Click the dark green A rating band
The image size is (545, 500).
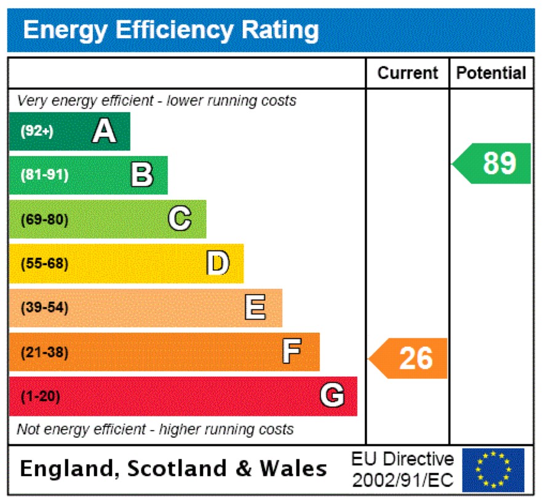click(x=70, y=131)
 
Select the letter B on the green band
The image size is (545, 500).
click(x=142, y=175)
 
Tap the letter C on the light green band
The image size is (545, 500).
click(x=180, y=219)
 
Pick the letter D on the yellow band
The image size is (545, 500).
click(x=218, y=263)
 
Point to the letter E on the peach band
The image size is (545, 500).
click(x=255, y=308)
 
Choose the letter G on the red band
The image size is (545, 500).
click(x=332, y=396)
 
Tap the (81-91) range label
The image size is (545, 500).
click(x=44, y=175)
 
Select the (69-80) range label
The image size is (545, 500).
click(x=44, y=220)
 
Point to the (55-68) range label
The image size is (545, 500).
click(x=44, y=264)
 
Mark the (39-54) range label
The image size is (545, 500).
click(x=44, y=308)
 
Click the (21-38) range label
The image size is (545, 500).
click(x=44, y=353)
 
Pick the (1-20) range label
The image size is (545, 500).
click(x=41, y=397)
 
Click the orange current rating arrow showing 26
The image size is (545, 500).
click(x=409, y=358)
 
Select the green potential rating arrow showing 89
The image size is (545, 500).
click(x=493, y=164)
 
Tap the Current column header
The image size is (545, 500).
click(x=407, y=73)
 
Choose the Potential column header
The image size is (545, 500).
click(x=491, y=73)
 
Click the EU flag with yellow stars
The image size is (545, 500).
click(x=493, y=470)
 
